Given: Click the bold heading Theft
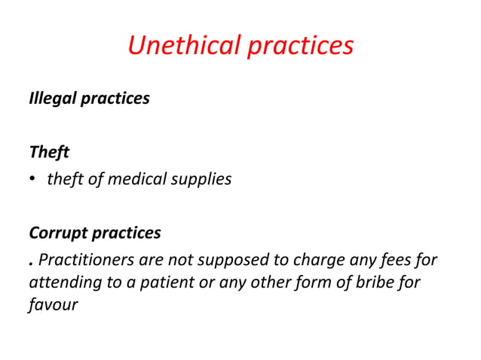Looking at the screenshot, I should pyautogui.click(x=49, y=152).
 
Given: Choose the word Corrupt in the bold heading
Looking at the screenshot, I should pyautogui.click(x=57, y=233).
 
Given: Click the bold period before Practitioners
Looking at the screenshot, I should pyautogui.click(x=31, y=264).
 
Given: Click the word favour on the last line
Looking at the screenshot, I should pyautogui.click(x=53, y=307).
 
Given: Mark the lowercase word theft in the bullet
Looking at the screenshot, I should pyautogui.click(x=66, y=180).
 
